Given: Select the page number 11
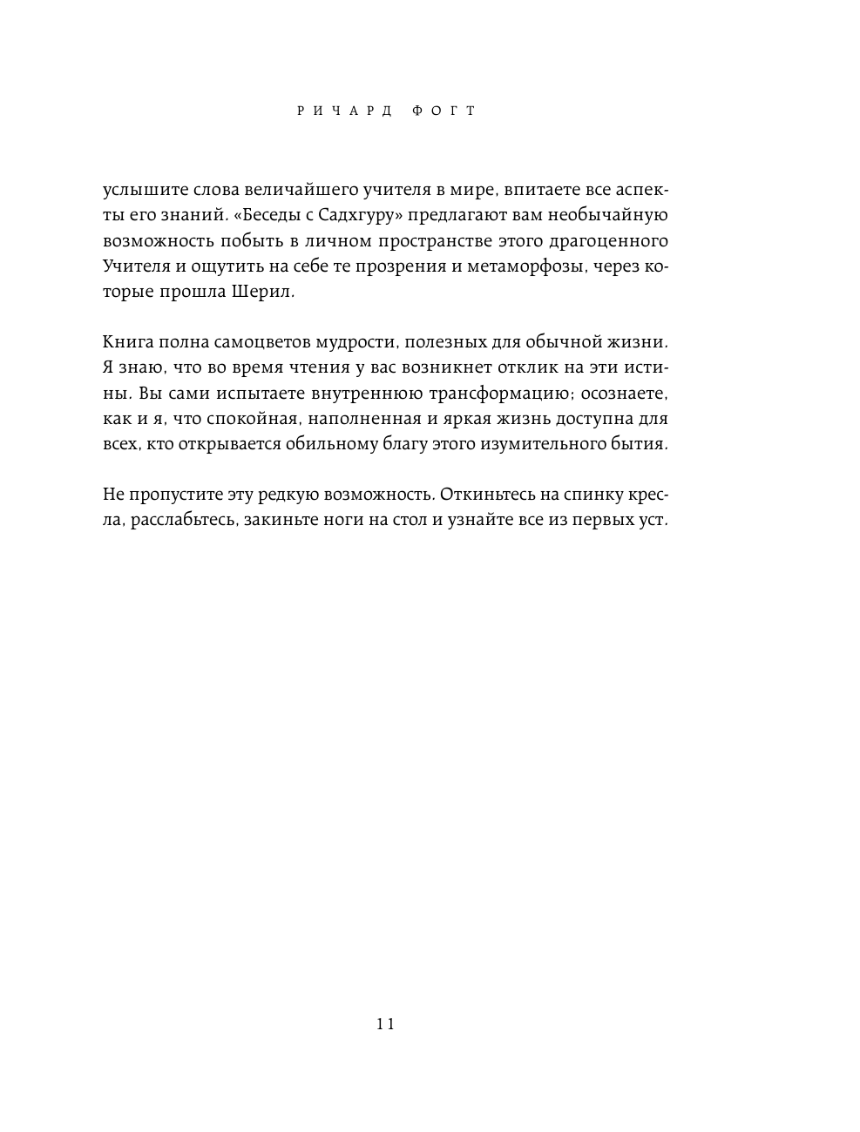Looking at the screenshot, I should pyautogui.click(x=386, y=1024).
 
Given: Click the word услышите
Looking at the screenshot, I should pyautogui.click(x=140, y=190).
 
